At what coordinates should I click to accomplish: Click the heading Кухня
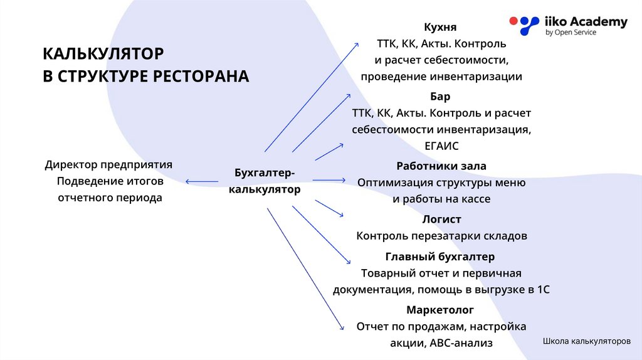(x=440, y=28)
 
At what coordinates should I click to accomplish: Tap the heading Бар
(x=440, y=97)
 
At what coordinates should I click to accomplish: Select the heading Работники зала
(x=441, y=166)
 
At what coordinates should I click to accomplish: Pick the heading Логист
(x=441, y=220)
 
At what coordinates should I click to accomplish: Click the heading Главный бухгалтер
(x=440, y=257)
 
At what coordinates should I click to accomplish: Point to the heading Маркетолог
(x=440, y=310)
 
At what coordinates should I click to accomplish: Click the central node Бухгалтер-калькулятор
(x=264, y=181)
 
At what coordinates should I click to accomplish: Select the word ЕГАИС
(x=441, y=146)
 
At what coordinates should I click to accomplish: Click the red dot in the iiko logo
(x=513, y=21)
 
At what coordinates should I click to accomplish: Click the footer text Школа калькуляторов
(x=586, y=342)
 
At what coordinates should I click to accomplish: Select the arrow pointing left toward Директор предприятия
(x=201, y=182)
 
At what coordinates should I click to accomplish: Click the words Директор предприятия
(x=108, y=165)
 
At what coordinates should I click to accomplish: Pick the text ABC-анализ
(x=461, y=343)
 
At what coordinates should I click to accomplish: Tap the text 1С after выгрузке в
(x=544, y=290)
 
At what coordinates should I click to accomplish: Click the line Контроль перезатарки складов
(x=441, y=236)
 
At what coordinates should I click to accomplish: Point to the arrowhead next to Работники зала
(x=342, y=181)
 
